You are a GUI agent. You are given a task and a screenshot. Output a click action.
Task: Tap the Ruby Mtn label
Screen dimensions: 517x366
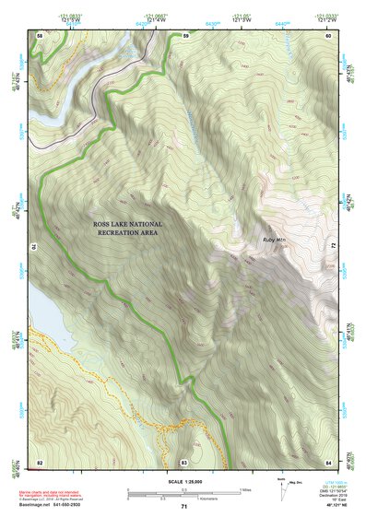[276, 238]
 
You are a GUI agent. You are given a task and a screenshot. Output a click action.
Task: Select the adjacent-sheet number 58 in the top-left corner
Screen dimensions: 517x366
[40, 35]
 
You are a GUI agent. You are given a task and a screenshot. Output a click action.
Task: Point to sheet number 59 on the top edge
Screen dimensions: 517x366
[184, 35]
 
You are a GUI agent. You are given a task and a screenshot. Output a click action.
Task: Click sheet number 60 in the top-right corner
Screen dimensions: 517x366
[330, 35]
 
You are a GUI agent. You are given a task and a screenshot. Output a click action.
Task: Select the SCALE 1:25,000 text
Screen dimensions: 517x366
[183, 482]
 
